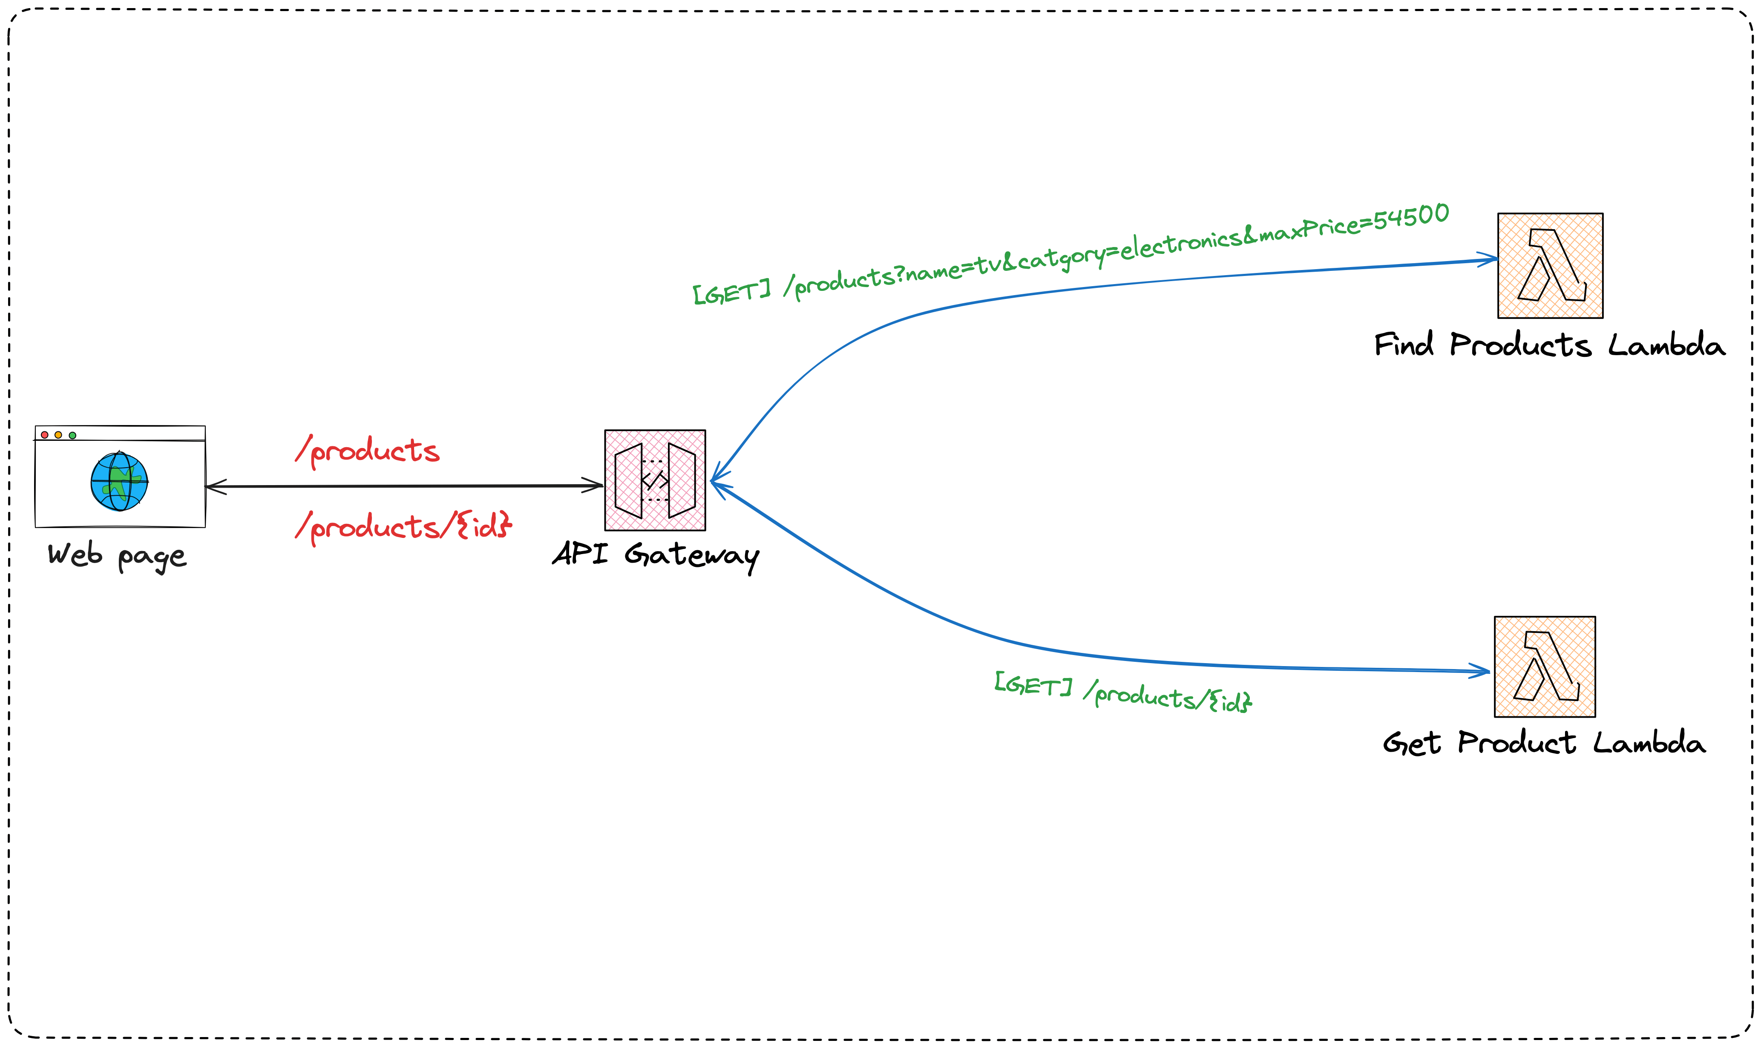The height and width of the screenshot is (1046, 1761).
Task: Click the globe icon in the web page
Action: click(x=119, y=481)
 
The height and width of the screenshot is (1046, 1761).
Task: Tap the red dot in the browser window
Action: click(x=44, y=435)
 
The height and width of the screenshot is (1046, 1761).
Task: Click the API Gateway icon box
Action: click(x=655, y=480)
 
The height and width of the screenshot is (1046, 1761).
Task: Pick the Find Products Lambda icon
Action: click(x=1550, y=266)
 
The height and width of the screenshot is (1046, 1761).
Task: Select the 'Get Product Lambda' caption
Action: click(x=1544, y=744)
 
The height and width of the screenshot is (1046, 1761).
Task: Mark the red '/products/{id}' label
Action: click(x=403, y=526)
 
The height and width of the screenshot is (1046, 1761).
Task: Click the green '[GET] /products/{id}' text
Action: click(x=1122, y=693)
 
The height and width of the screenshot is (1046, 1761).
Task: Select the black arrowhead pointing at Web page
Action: click(x=213, y=486)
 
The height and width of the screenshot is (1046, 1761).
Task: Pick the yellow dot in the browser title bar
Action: click(x=58, y=435)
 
